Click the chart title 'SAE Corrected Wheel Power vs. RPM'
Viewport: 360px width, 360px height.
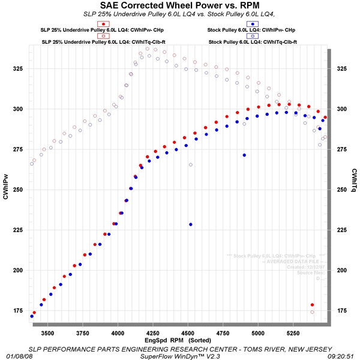point(179,7)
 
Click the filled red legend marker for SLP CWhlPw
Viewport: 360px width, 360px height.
point(105,23)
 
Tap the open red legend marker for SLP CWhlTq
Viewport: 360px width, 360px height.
point(105,35)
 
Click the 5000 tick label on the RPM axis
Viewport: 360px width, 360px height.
point(259,332)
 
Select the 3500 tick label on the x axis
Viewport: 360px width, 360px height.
point(47,332)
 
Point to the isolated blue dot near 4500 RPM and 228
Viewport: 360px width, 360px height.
point(191,224)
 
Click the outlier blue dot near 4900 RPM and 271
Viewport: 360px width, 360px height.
point(244,155)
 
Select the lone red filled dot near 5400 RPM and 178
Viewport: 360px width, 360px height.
point(312,305)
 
